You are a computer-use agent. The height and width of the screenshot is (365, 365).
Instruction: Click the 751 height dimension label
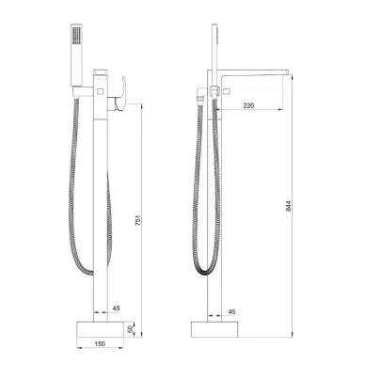(x=138, y=220)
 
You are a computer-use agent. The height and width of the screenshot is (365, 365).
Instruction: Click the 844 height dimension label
(x=289, y=206)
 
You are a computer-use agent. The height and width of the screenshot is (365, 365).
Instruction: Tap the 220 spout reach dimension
(x=248, y=105)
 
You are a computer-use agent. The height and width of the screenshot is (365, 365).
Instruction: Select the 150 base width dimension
(x=100, y=343)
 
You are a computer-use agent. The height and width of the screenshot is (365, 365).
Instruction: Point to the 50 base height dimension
(x=129, y=329)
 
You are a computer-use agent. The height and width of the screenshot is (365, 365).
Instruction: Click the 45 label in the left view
(x=116, y=309)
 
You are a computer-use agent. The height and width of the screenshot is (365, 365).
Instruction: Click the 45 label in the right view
(x=231, y=311)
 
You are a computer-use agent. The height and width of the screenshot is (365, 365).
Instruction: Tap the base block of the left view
(x=100, y=329)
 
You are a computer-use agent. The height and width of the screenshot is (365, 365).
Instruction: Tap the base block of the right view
(x=214, y=329)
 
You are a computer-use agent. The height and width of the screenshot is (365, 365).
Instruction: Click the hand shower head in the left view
(x=77, y=55)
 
